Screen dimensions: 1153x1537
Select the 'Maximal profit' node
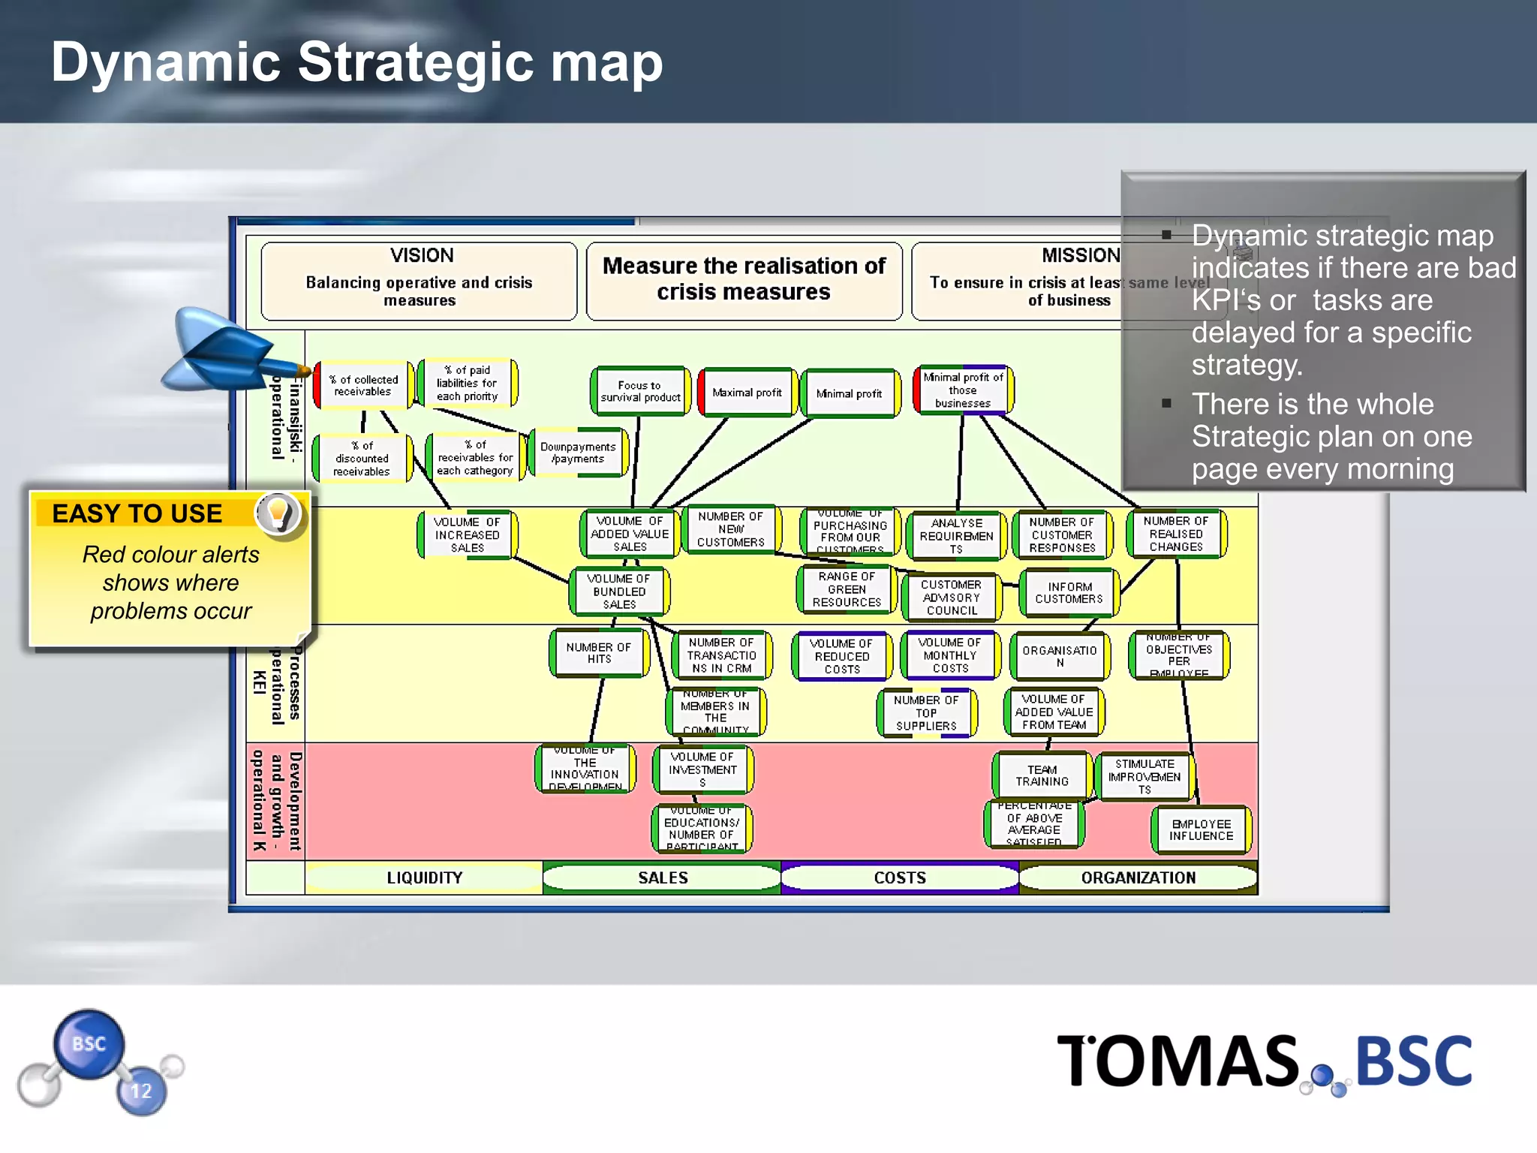pyautogui.click(x=747, y=392)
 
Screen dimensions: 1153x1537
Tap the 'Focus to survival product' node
pyautogui.click(x=640, y=391)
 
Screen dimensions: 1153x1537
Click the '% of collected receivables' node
pyautogui.click(x=363, y=385)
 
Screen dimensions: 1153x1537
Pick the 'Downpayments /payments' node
pyautogui.click(x=578, y=453)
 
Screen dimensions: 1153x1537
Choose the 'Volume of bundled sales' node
pyautogui.click(x=619, y=592)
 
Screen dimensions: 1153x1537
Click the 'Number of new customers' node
pyautogui.click(x=731, y=529)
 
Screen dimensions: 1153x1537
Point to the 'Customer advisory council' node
pyautogui.click(x=951, y=598)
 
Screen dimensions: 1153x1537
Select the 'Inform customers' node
pyautogui.click(x=1069, y=593)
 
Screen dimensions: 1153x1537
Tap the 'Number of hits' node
pyautogui.click(x=599, y=653)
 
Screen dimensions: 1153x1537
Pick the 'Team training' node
pyautogui.click(x=1042, y=775)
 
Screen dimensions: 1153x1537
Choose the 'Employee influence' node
pyautogui.click(x=1201, y=829)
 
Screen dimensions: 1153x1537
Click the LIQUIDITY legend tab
pyautogui.click(x=424, y=878)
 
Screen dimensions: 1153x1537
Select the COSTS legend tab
pyautogui.click(x=899, y=878)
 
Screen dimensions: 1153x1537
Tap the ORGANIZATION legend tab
pyautogui.click(x=1138, y=878)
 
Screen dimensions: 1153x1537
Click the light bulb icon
pyautogui.click(x=278, y=513)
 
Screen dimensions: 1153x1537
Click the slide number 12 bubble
pyautogui.click(x=141, y=1091)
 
